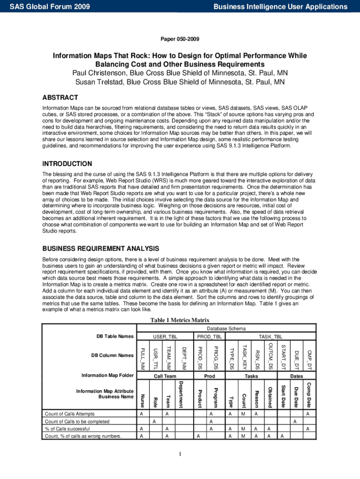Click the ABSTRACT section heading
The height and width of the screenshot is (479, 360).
[x=60, y=97]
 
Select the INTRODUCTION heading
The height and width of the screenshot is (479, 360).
[x=67, y=164]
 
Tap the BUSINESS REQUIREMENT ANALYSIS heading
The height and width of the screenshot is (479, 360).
[x=101, y=248]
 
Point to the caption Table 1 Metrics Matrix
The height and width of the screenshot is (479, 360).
[x=180, y=320]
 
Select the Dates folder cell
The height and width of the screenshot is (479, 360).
[x=296, y=376]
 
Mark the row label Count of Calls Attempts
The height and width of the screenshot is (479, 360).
[x=69, y=414]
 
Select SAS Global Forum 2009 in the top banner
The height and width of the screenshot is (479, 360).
[x=50, y=7]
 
